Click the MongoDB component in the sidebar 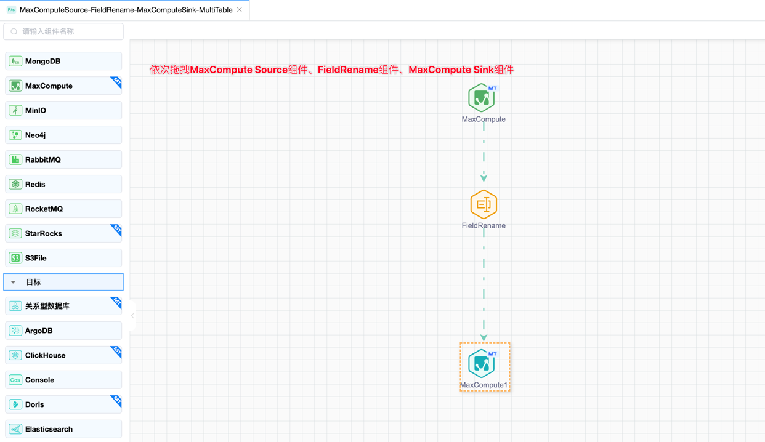(63, 61)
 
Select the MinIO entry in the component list (63, 110)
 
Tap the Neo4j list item (63, 135)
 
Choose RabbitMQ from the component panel (63, 159)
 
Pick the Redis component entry (63, 184)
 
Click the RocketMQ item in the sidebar (63, 209)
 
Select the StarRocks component (63, 233)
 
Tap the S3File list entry (63, 258)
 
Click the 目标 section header (63, 282)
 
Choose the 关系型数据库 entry (63, 306)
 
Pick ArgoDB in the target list (63, 331)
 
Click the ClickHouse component (63, 355)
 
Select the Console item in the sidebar (63, 380)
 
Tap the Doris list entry (63, 404)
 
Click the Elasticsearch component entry (63, 429)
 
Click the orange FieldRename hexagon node (484, 204)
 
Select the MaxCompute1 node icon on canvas (482, 363)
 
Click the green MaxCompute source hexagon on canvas (482, 98)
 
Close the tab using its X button (240, 10)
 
